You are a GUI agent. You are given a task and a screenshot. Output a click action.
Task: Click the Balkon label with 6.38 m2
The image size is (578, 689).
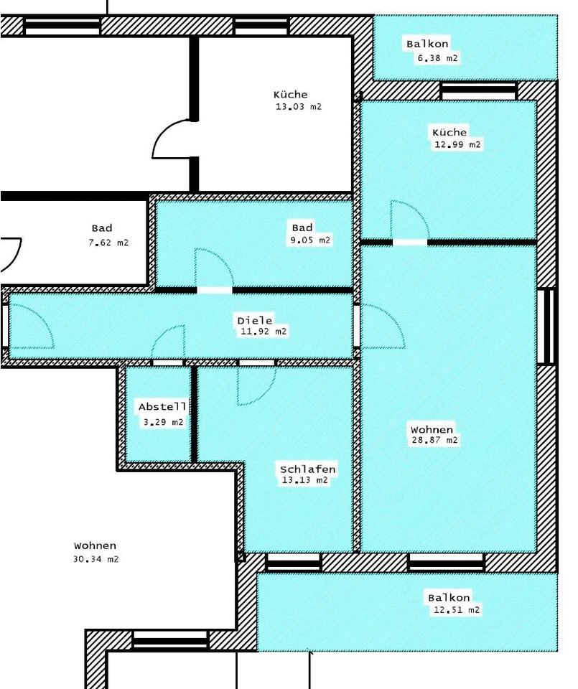(427, 44)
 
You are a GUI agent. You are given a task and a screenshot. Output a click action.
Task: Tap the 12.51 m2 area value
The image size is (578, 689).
(456, 610)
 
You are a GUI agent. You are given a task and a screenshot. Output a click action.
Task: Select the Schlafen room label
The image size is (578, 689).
(308, 469)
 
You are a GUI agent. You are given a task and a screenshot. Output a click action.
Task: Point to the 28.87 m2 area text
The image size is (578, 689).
(434, 440)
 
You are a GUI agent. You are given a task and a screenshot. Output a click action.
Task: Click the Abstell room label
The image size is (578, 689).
(162, 407)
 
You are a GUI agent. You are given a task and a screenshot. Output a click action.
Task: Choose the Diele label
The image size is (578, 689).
(255, 321)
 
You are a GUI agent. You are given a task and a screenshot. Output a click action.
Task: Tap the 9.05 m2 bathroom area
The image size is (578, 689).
(310, 240)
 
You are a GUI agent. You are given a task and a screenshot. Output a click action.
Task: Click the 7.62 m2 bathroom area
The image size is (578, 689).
(108, 243)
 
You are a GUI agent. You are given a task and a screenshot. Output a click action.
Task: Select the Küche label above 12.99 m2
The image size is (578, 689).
(449, 133)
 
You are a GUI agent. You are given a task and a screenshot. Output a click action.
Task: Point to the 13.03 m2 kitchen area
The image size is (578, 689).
(299, 106)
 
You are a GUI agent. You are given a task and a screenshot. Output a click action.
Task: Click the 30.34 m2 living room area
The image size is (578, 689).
(95, 559)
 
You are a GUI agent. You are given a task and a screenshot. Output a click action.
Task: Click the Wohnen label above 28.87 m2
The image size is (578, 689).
(432, 429)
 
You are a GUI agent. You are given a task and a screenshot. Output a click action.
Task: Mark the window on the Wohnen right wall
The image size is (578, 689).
(547, 326)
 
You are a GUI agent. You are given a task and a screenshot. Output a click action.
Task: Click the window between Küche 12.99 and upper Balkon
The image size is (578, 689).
(479, 90)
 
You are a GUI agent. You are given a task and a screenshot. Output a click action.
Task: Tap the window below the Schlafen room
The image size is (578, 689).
(294, 562)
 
